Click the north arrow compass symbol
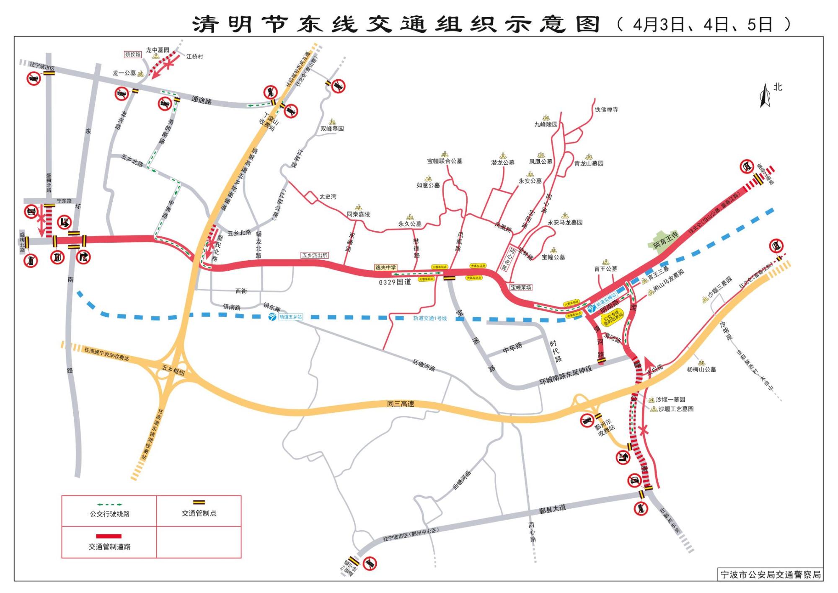pos(765,96)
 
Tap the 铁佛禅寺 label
pos(606,110)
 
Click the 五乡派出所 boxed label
pos(315,255)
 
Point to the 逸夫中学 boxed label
pos(385,267)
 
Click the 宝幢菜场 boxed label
pos(521,287)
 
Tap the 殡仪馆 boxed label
pos(133,54)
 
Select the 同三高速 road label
pos(401,404)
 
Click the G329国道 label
pos(395,282)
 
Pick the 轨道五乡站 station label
pos(291,317)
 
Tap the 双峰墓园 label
pos(332,129)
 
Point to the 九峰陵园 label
pos(546,124)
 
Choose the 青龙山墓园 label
pos(589,163)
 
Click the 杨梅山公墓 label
pos(701,369)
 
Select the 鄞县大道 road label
pos(552,509)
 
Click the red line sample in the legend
pos(109,536)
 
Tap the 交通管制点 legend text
pos(199,513)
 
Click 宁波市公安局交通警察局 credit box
pos(770,575)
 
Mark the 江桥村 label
pos(194,57)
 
